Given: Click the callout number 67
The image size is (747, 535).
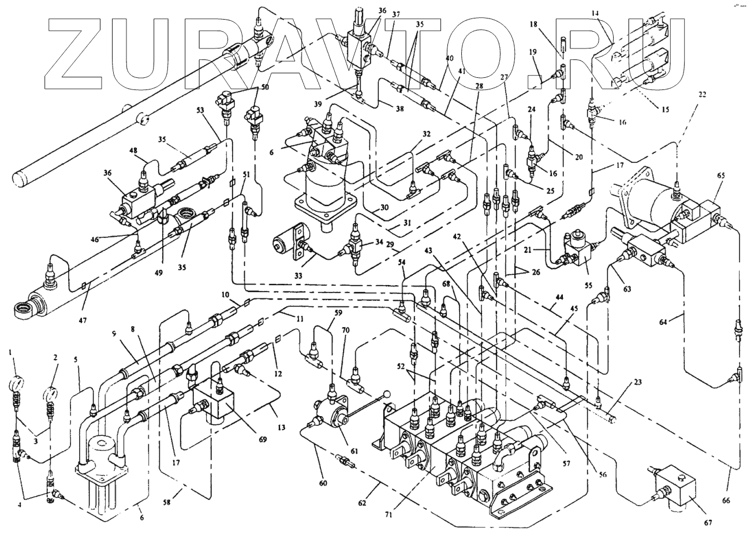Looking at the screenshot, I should tap(707, 523).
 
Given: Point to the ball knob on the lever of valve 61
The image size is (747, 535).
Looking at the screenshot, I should tap(388, 395).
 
